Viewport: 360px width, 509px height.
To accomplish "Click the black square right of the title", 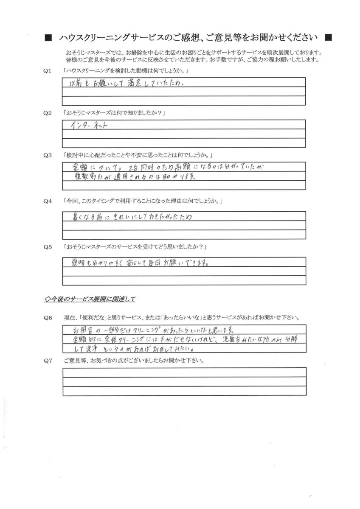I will [328, 38].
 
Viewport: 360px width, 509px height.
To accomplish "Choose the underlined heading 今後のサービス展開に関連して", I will [90, 299].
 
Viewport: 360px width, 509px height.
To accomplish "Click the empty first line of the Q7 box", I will [184, 372].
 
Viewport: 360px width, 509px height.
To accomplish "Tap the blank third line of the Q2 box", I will [184, 143].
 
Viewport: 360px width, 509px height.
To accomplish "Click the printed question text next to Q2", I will [113, 113].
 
